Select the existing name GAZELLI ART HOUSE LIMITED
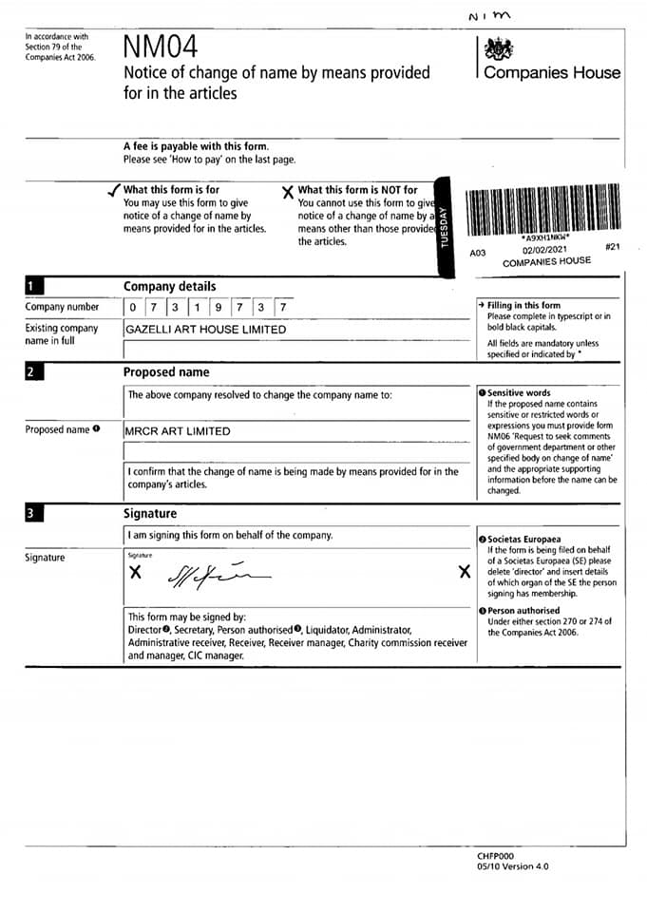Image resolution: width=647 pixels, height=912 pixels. [x=205, y=330]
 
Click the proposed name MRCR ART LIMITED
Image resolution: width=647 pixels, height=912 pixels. [x=178, y=431]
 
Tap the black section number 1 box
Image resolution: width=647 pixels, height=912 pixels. [x=31, y=286]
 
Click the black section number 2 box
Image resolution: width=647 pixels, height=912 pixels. [x=31, y=372]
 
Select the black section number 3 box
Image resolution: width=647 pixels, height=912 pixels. [x=31, y=513]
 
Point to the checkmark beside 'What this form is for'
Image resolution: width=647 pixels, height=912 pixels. [x=114, y=190]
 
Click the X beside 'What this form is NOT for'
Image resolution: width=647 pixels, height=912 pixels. [x=288, y=192]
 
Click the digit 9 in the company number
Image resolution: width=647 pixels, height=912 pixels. [x=218, y=308]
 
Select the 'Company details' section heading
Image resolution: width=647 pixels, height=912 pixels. [x=170, y=286]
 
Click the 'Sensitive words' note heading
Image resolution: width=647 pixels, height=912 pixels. [x=518, y=392]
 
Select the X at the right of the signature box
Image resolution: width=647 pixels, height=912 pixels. [x=465, y=572]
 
